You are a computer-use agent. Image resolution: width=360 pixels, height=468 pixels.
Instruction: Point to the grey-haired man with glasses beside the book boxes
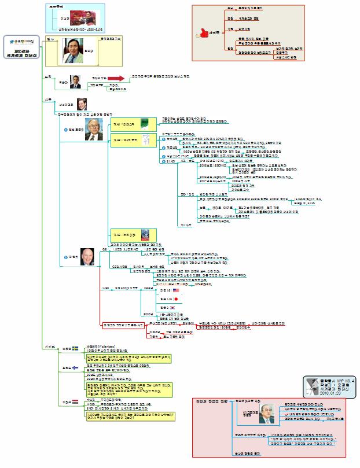pos(92,131)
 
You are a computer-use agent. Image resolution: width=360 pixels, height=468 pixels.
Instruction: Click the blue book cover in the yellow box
pos(147,235)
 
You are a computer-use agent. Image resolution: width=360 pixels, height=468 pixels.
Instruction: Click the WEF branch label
pos(105,288)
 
